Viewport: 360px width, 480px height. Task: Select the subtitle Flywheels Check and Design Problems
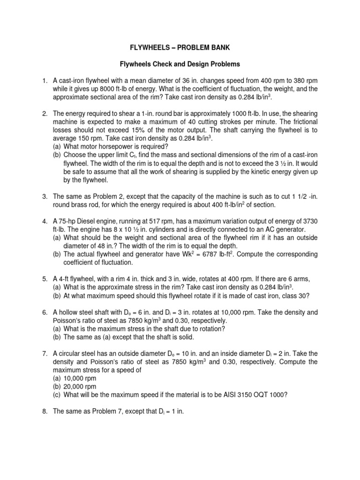180,63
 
